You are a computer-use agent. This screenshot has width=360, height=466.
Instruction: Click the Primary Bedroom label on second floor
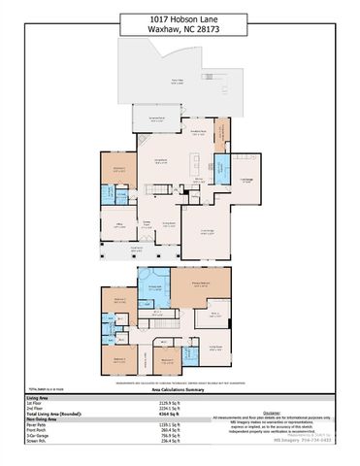(x=202, y=283)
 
